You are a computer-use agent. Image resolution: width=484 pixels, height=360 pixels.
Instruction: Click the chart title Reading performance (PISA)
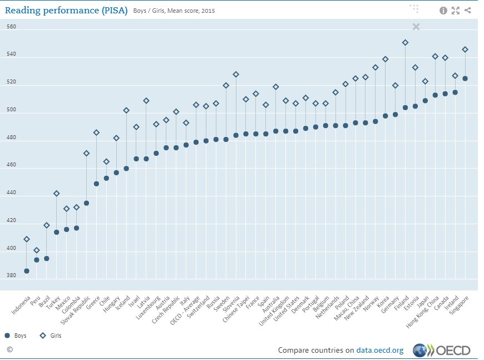(x=66, y=10)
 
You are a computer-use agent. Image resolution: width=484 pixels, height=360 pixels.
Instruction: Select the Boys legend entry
(x=17, y=336)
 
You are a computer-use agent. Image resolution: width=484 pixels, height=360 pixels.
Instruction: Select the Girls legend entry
(x=50, y=336)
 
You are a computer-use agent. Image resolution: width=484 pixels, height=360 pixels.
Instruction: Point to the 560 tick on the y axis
(x=11, y=27)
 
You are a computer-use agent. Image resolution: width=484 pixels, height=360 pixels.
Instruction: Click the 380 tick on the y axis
(x=11, y=275)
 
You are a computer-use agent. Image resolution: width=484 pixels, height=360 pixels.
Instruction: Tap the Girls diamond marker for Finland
(x=405, y=42)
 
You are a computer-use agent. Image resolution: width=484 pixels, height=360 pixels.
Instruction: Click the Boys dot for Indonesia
(x=27, y=271)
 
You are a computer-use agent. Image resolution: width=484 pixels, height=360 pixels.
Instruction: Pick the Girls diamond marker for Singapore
(x=465, y=50)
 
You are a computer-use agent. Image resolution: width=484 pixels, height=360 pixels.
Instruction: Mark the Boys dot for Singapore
(x=465, y=78)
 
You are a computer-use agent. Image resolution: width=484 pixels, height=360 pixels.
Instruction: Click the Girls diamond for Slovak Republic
(x=86, y=153)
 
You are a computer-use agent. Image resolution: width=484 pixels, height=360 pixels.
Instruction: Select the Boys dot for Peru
(x=37, y=260)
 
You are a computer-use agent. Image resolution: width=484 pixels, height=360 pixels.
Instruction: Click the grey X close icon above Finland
(x=416, y=27)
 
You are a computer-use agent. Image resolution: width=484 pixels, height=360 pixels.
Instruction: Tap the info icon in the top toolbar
(x=443, y=10)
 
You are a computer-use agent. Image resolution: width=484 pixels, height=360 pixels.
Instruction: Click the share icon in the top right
(x=468, y=10)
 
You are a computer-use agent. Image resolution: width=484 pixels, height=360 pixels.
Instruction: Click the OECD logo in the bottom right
(x=442, y=350)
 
